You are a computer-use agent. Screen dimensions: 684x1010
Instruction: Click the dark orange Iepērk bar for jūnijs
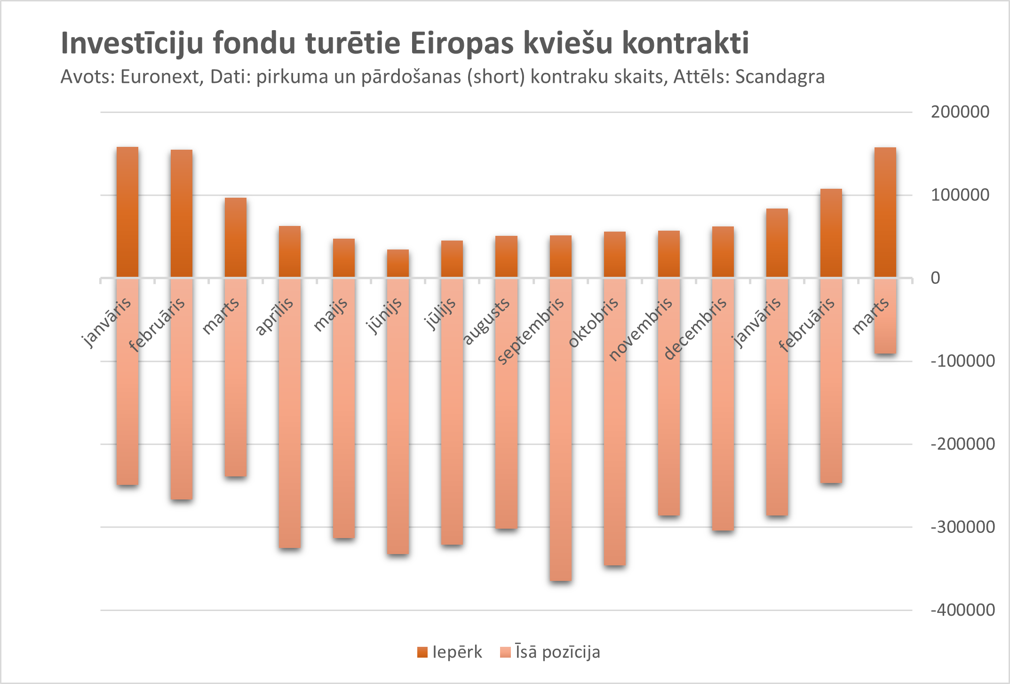click(398, 264)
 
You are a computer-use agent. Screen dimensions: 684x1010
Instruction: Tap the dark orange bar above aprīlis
click(290, 252)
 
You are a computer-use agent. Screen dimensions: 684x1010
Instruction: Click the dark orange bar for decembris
click(723, 252)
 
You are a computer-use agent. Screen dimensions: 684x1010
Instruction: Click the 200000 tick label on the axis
click(960, 112)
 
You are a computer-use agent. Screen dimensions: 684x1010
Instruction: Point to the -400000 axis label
click(962, 610)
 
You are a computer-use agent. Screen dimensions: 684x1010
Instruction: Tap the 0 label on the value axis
click(935, 278)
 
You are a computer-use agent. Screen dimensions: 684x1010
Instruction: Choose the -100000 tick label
click(962, 361)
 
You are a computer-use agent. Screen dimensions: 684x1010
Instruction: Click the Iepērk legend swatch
click(422, 652)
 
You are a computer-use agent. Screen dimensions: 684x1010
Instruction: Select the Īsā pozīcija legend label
click(557, 652)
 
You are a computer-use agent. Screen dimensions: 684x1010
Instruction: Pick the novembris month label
click(641, 330)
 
